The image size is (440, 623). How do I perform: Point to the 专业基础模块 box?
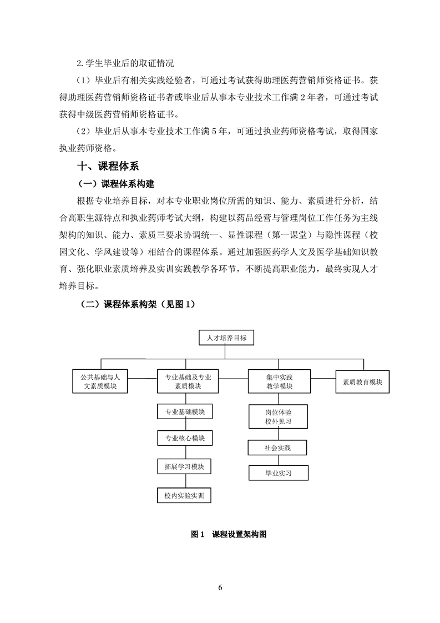tap(185, 413)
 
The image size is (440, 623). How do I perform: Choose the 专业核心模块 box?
tap(185, 439)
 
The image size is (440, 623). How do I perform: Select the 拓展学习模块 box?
tap(185, 466)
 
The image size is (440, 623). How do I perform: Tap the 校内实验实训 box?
tap(185, 495)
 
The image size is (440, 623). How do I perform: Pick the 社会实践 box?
tap(278, 447)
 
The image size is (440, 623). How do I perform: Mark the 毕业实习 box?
tap(278, 473)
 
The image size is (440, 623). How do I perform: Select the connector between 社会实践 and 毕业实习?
tap(278, 460)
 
